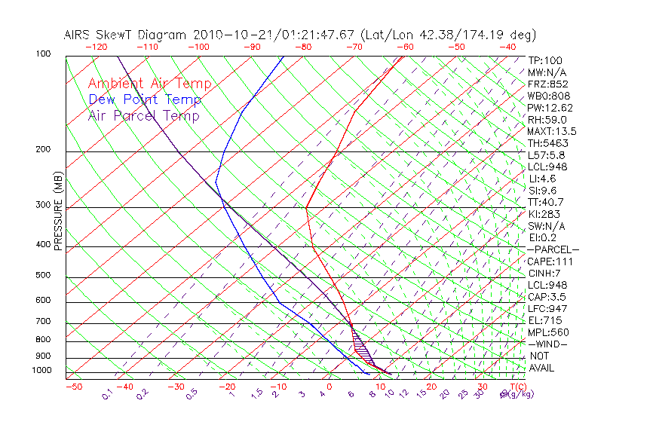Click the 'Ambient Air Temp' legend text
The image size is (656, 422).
point(149,84)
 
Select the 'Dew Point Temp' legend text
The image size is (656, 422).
point(145,99)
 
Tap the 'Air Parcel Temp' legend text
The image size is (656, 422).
point(144,115)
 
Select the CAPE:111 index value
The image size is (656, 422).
point(550,261)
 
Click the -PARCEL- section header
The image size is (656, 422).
point(553,249)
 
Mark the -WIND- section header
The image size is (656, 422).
point(548,344)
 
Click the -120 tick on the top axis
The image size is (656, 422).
point(96,47)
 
